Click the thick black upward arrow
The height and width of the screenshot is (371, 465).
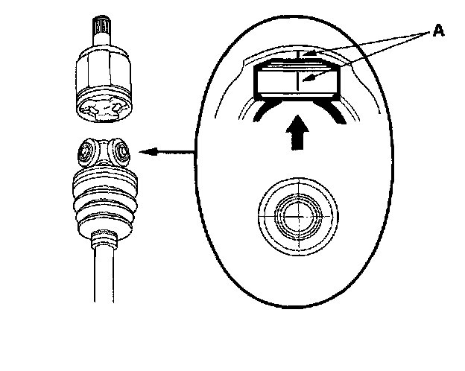[298, 133]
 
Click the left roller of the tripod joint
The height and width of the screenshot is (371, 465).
[88, 155]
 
